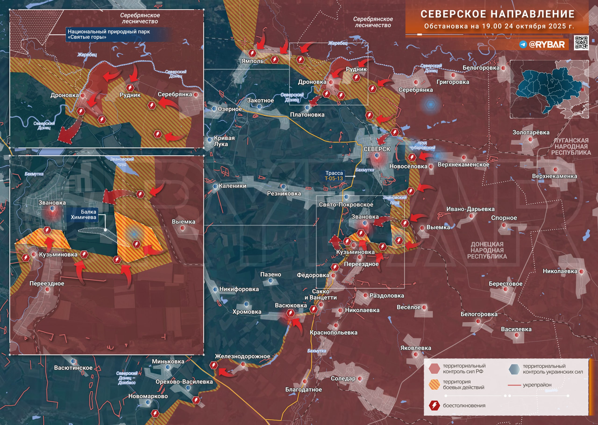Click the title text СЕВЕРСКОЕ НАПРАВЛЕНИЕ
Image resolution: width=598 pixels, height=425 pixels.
[497, 14]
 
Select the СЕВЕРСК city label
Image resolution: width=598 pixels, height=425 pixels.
[377, 149]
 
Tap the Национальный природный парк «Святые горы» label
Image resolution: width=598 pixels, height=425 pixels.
[109, 34]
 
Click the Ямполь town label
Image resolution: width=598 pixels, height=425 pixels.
[253, 61]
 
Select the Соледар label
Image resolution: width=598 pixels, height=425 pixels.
[343, 379]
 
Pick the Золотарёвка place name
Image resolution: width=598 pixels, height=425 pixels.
[531, 132]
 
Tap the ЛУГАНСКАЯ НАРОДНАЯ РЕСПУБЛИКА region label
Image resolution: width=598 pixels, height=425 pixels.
[571, 146]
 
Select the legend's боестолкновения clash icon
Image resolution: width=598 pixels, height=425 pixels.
[434, 405]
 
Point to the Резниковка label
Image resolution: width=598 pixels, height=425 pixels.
[284, 194]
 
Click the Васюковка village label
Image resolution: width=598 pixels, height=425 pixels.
[291, 305]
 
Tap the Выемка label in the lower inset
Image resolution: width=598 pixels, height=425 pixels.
[183, 222]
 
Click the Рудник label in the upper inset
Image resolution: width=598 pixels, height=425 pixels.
[130, 95]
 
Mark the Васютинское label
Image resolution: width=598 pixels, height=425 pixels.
[73, 368]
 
